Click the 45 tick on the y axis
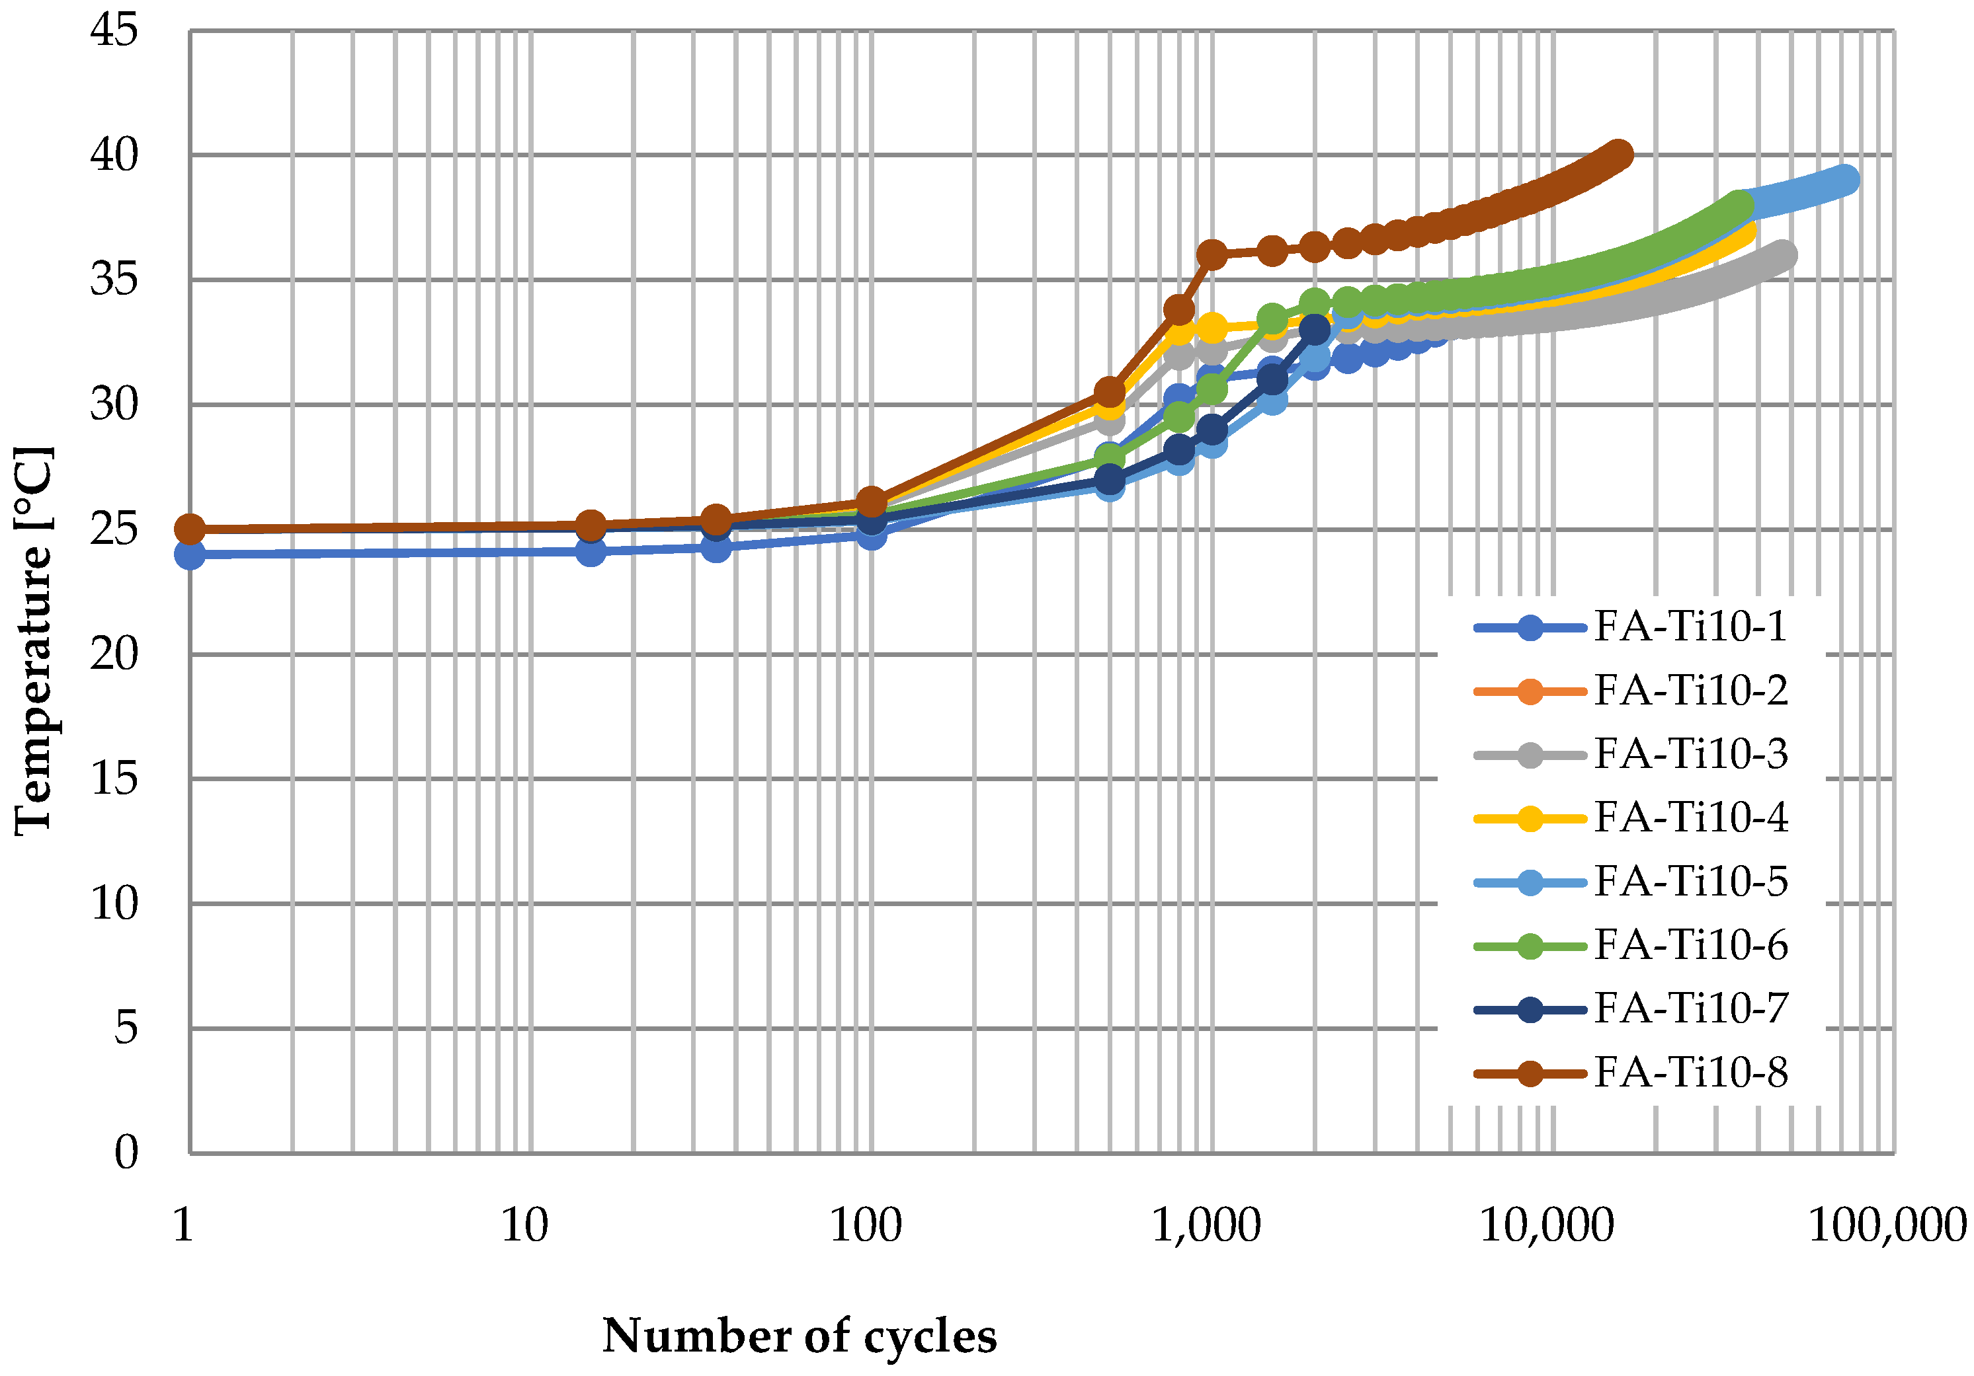click(x=114, y=31)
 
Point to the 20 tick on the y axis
click(x=114, y=655)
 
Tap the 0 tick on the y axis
click(x=126, y=1153)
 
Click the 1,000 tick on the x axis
click(x=1206, y=1225)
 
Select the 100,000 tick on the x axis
click(x=1887, y=1225)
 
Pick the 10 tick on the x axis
click(x=524, y=1225)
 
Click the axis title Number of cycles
click(x=799, y=1336)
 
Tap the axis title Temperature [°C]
click(x=34, y=640)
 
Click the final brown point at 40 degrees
click(x=1619, y=155)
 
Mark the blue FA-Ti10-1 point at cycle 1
click(x=190, y=554)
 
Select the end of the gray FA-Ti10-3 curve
click(x=1782, y=255)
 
